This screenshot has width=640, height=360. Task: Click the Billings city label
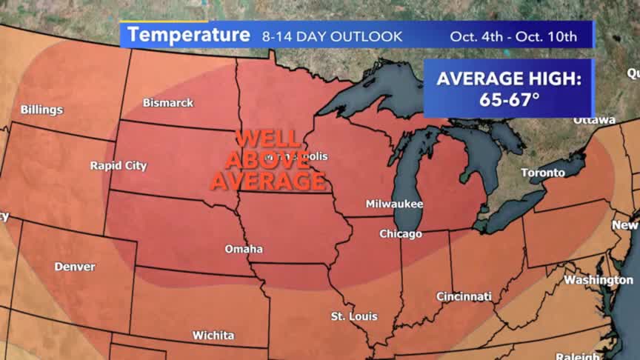click(x=41, y=110)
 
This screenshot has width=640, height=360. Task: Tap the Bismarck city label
click(x=168, y=102)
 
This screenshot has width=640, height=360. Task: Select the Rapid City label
click(x=119, y=165)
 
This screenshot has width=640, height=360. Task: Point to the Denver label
click(x=74, y=266)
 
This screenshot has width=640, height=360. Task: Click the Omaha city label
click(x=244, y=249)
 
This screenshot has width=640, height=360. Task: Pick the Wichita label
click(x=213, y=335)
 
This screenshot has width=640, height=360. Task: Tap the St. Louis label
click(x=353, y=316)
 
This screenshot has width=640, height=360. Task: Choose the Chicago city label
click(x=400, y=233)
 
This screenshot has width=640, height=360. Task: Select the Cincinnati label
click(x=464, y=296)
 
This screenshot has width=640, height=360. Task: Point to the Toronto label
click(x=542, y=173)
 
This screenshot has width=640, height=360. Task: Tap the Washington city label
click(x=599, y=280)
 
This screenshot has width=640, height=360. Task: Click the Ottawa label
click(x=594, y=120)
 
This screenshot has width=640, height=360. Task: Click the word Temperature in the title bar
click(x=188, y=35)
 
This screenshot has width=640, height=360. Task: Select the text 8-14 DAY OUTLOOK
click(x=331, y=36)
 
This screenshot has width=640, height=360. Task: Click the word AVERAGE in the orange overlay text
click(x=268, y=180)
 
